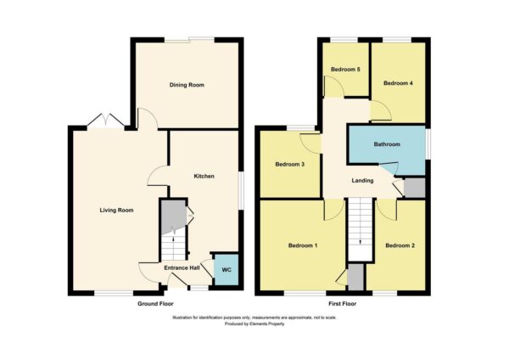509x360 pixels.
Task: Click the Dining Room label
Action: tap(187, 85)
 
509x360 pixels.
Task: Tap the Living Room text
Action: tap(116, 211)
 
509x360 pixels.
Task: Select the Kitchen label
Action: tap(204, 176)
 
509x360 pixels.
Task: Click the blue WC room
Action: tap(227, 270)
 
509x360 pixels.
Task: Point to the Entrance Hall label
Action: tap(182, 268)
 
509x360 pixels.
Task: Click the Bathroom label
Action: tap(387, 144)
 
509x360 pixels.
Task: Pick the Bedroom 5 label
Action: tap(345, 70)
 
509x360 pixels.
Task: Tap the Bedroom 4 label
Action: tap(398, 83)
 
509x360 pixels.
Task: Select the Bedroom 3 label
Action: tap(289, 165)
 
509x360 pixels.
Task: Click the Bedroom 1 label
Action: tap(303, 245)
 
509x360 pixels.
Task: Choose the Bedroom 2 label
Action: tap(400, 245)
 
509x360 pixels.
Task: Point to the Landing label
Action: tap(362, 181)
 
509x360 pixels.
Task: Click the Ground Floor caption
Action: tap(155, 304)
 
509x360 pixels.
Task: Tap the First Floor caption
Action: tap(343, 304)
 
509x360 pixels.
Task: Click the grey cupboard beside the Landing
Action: tap(414, 188)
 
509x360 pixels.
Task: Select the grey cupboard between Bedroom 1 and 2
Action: tap(355, 277)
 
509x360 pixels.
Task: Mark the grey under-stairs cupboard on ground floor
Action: tap(173, 216)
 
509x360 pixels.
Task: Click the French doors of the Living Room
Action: tap(106, 121)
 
